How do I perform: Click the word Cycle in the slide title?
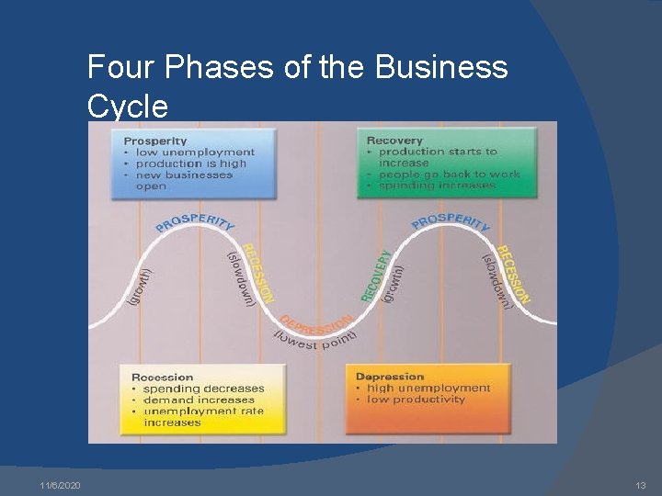click(x=128, y=107)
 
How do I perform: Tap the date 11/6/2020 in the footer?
click(x=61, y=485)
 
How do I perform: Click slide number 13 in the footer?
click(x=641, y=485)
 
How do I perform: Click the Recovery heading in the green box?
click(x=394, y=141)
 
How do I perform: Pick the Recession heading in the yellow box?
click(x=163, y=377)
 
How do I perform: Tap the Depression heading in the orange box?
click(x=390, y=377)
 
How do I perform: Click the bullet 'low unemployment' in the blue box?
click(x=195, y=152)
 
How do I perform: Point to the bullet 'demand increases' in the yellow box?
click(x=199, y=400)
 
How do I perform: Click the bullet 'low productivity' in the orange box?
click(x=417, y=400)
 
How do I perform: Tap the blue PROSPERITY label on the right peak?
click(x=451, y=221)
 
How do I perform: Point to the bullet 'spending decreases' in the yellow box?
click(x=203, y=389)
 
